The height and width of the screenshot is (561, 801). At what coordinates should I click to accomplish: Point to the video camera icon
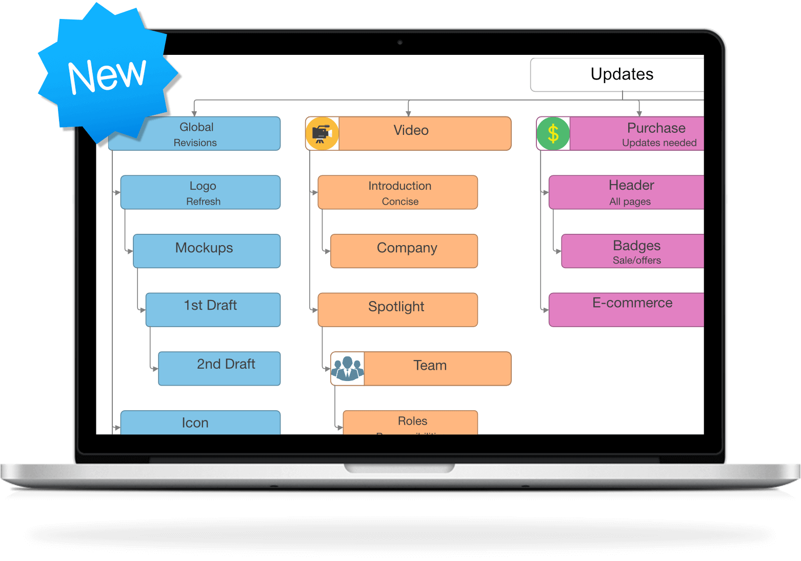(322, 133)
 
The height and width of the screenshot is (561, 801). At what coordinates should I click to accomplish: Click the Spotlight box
(397, 310)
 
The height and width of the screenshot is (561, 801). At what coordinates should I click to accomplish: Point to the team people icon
(347, 368)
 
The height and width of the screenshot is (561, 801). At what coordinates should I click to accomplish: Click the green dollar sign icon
(553, 133)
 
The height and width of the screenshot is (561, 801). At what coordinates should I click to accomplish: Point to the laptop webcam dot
(400, 43)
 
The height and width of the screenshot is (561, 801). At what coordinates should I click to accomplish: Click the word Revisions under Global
(195, 143)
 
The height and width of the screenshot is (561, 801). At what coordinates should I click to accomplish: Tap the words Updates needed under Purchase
(659, 143)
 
